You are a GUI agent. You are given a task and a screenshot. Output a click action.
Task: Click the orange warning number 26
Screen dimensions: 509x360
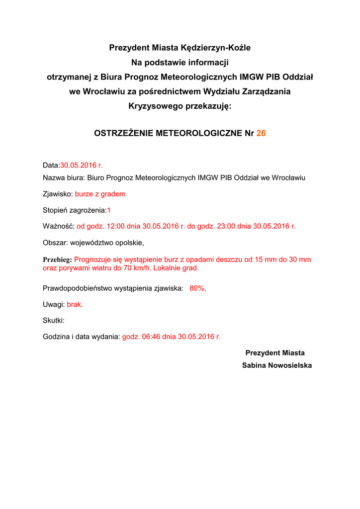pos(261,134)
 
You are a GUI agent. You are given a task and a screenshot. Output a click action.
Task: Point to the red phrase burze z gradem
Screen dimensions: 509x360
pos(100,194)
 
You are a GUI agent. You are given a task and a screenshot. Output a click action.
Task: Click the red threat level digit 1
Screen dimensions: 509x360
pos(109,210)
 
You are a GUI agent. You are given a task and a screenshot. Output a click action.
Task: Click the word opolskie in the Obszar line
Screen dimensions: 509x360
pos(128,243)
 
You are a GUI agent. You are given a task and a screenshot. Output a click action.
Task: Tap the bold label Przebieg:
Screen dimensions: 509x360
pos(58,259)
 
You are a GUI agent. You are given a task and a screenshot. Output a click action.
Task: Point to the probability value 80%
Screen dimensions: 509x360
pos(197,288)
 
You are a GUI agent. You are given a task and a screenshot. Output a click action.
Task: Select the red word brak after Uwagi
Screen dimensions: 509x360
pos(75,305)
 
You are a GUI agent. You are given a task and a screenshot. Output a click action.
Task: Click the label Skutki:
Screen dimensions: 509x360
pos(54,321)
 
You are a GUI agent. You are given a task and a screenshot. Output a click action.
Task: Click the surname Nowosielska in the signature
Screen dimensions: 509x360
pos(290,365)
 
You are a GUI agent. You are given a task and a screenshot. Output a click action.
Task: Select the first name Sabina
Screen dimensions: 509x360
pos(254,365)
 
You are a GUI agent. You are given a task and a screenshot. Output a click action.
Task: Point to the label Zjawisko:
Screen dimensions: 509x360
pos(58,194)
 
